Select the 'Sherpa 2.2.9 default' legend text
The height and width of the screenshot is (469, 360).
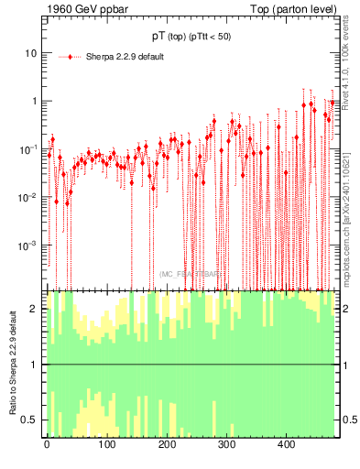coord(125,57)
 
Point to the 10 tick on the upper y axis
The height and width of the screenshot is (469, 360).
coord(30,53)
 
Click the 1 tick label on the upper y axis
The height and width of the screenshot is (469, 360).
coord(34,101)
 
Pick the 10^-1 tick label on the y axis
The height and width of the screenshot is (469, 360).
coord(28,148)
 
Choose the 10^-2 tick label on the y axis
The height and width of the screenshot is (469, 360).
coord(28,197)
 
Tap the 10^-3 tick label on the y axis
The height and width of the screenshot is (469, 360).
coord(28,245)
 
